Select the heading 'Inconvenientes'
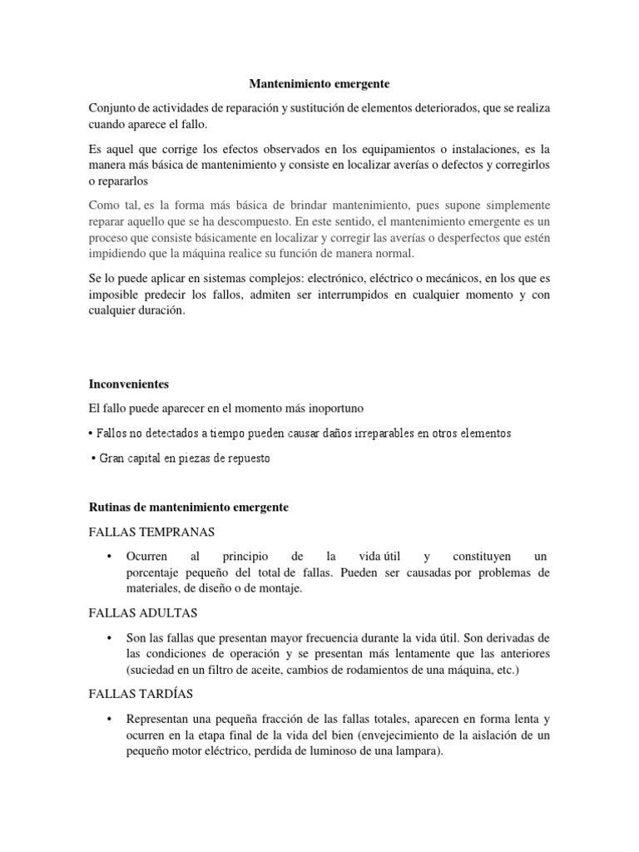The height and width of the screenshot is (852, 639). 128,385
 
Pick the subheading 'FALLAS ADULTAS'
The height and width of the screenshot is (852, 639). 142,613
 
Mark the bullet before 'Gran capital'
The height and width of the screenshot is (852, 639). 92,458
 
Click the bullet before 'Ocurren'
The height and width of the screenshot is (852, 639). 109,556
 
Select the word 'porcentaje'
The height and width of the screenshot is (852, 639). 159,572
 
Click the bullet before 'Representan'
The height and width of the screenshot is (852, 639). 109,719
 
